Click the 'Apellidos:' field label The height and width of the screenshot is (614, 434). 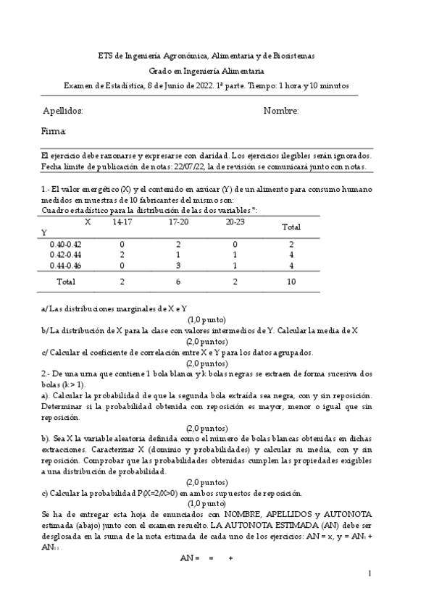[63, 111]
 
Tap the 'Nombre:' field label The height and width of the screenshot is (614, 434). [281, 111]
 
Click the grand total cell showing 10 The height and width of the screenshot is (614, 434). [291, 281]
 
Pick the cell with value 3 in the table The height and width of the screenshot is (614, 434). [178, 266]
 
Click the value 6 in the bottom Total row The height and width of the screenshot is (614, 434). [178, 281]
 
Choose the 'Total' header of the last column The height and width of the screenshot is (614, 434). [291, 227]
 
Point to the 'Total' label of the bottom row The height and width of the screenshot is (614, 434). [66, 281]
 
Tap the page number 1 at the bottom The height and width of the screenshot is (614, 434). [370, 574]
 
